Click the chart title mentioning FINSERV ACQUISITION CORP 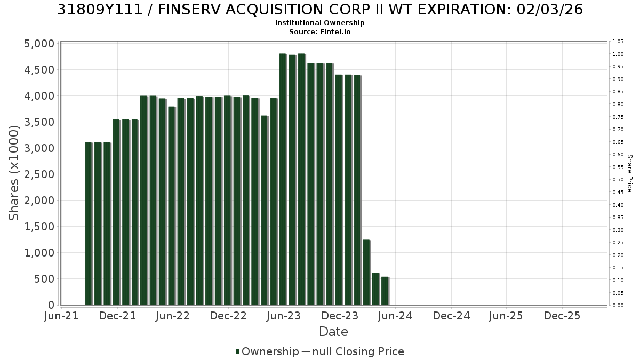click(x=320, y=10)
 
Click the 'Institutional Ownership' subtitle click(x=319, y=23)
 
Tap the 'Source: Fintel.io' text click(x=319, y=31)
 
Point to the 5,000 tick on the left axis click(x=39, y=44)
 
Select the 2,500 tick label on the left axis click(x=39, y=174)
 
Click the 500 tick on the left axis click(x=44, y=279)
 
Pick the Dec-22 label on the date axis click(x=228, y=316)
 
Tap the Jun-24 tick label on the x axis click(x=395, y=316)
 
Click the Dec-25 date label click(x=562, y=316)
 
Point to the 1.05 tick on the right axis click(x=618, y=42)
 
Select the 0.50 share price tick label click(x=618, y=180)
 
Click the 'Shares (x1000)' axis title click(x=13, y=173)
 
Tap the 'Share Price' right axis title click(x=630, y=173)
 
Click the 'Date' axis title click(x=333, y=332)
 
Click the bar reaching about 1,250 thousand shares click(x=366, y=273)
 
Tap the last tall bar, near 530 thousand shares click(x=385, y=291)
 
